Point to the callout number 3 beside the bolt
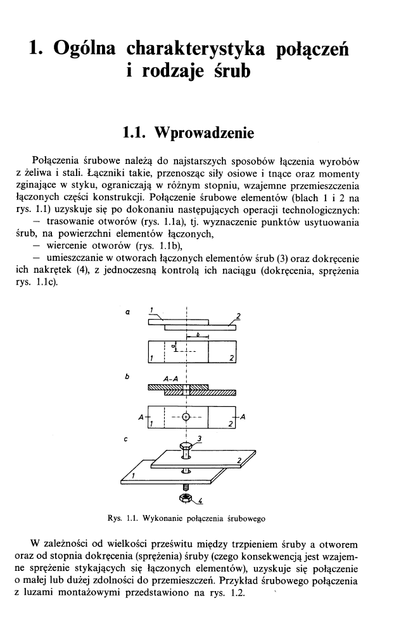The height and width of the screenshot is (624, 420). [200, 438]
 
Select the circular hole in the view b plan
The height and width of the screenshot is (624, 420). [186, 417]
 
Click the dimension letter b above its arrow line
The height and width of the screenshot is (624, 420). [198, 332]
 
